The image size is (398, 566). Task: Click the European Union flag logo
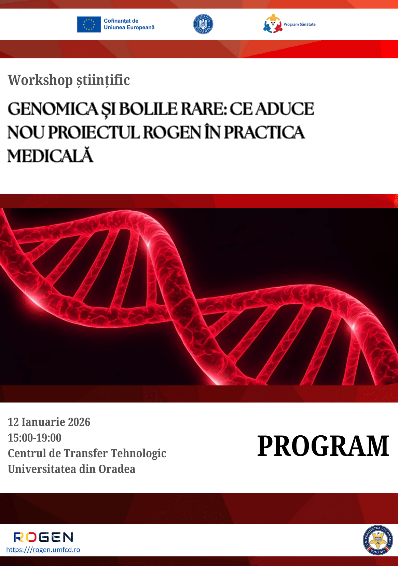(89, 25)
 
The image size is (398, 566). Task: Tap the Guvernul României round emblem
(203, 24)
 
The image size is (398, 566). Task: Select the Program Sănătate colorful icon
(272, 24)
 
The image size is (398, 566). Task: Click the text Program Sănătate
(299, 24)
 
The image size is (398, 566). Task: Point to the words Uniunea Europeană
(129, 28)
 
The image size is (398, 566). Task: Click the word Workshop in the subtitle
(40, 80)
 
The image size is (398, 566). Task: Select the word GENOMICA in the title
(53, 109)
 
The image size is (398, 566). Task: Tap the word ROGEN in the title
(172, 132)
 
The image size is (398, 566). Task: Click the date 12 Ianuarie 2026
(49, 422)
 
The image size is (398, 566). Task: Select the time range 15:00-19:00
(35, 438)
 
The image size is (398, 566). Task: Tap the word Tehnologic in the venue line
(139, 454)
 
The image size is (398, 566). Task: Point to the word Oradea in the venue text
(117, 469)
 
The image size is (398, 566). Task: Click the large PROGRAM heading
(323, 446)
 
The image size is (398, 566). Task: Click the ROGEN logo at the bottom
(43, 537)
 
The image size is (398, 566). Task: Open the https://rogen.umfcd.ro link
(43, 550)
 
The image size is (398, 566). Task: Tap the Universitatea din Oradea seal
(378, 540)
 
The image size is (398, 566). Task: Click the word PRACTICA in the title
(264, 132)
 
